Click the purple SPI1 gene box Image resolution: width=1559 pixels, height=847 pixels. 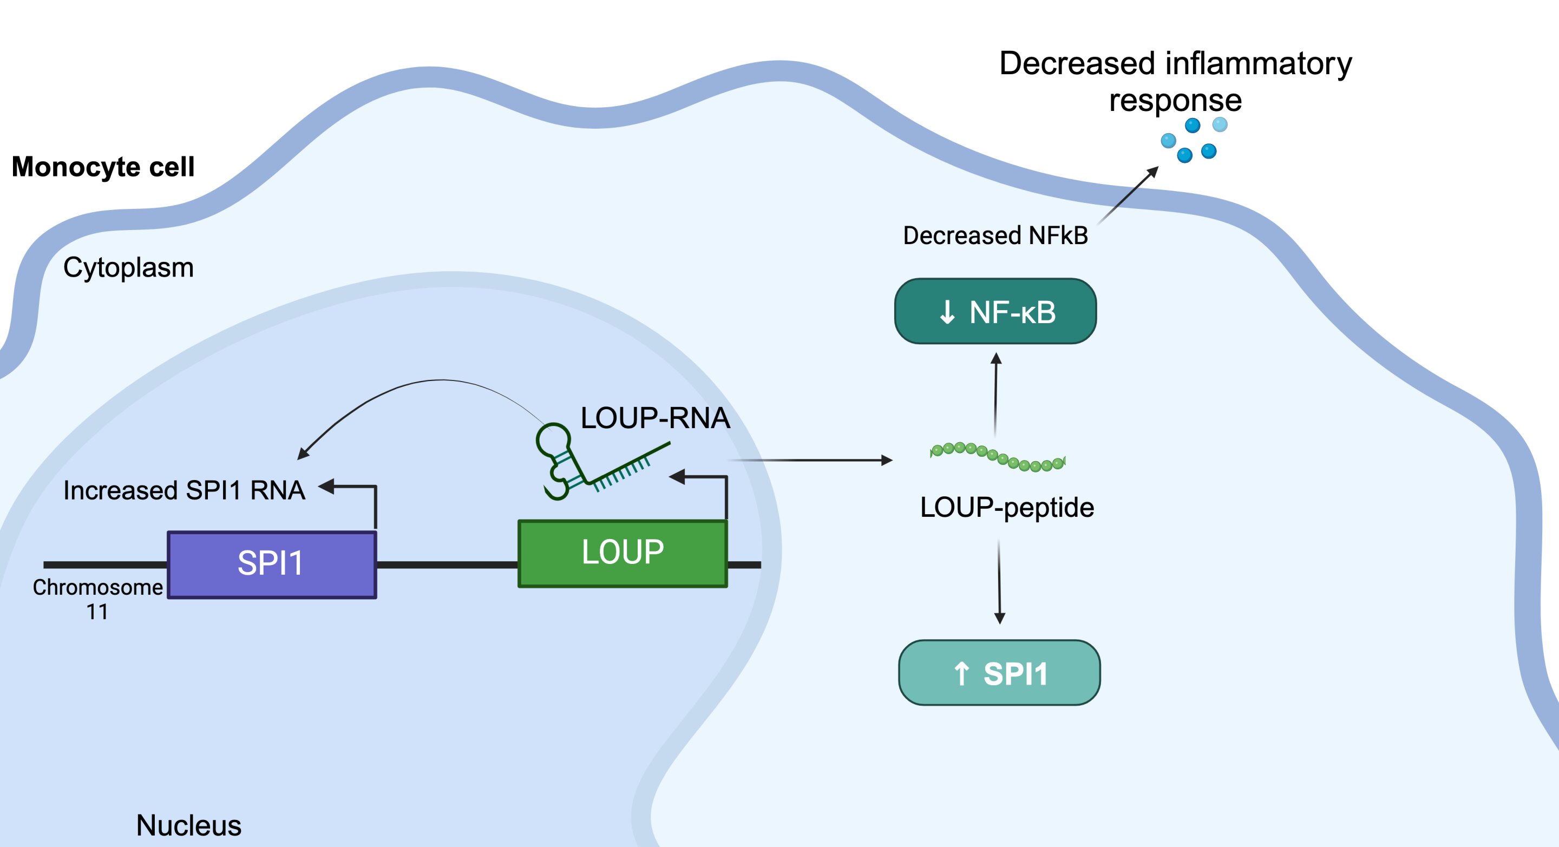click(x=272, y=564)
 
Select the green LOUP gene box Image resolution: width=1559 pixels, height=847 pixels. click(x=622, y=553)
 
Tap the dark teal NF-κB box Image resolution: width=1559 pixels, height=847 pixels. click(x=995, y=312)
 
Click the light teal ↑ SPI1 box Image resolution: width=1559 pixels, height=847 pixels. click(x=999, y=673)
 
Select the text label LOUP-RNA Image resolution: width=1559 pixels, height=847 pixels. click(x=655, y=418)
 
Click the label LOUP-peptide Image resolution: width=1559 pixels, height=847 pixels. click(x=1006, y=507)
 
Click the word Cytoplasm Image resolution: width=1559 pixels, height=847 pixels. click(x=128, y=267)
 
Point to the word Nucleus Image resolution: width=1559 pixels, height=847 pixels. click(x=189, y=825)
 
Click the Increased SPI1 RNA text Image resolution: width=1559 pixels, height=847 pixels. click(x=184, y=490)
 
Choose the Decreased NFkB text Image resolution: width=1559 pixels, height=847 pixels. click(x=995, y=235)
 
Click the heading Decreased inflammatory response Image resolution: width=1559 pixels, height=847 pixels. click(x=1175, y=81)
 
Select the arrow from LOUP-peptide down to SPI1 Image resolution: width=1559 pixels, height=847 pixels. click(x=999, y=581)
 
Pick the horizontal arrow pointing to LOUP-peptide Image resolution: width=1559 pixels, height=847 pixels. click(x=811, y=461)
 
